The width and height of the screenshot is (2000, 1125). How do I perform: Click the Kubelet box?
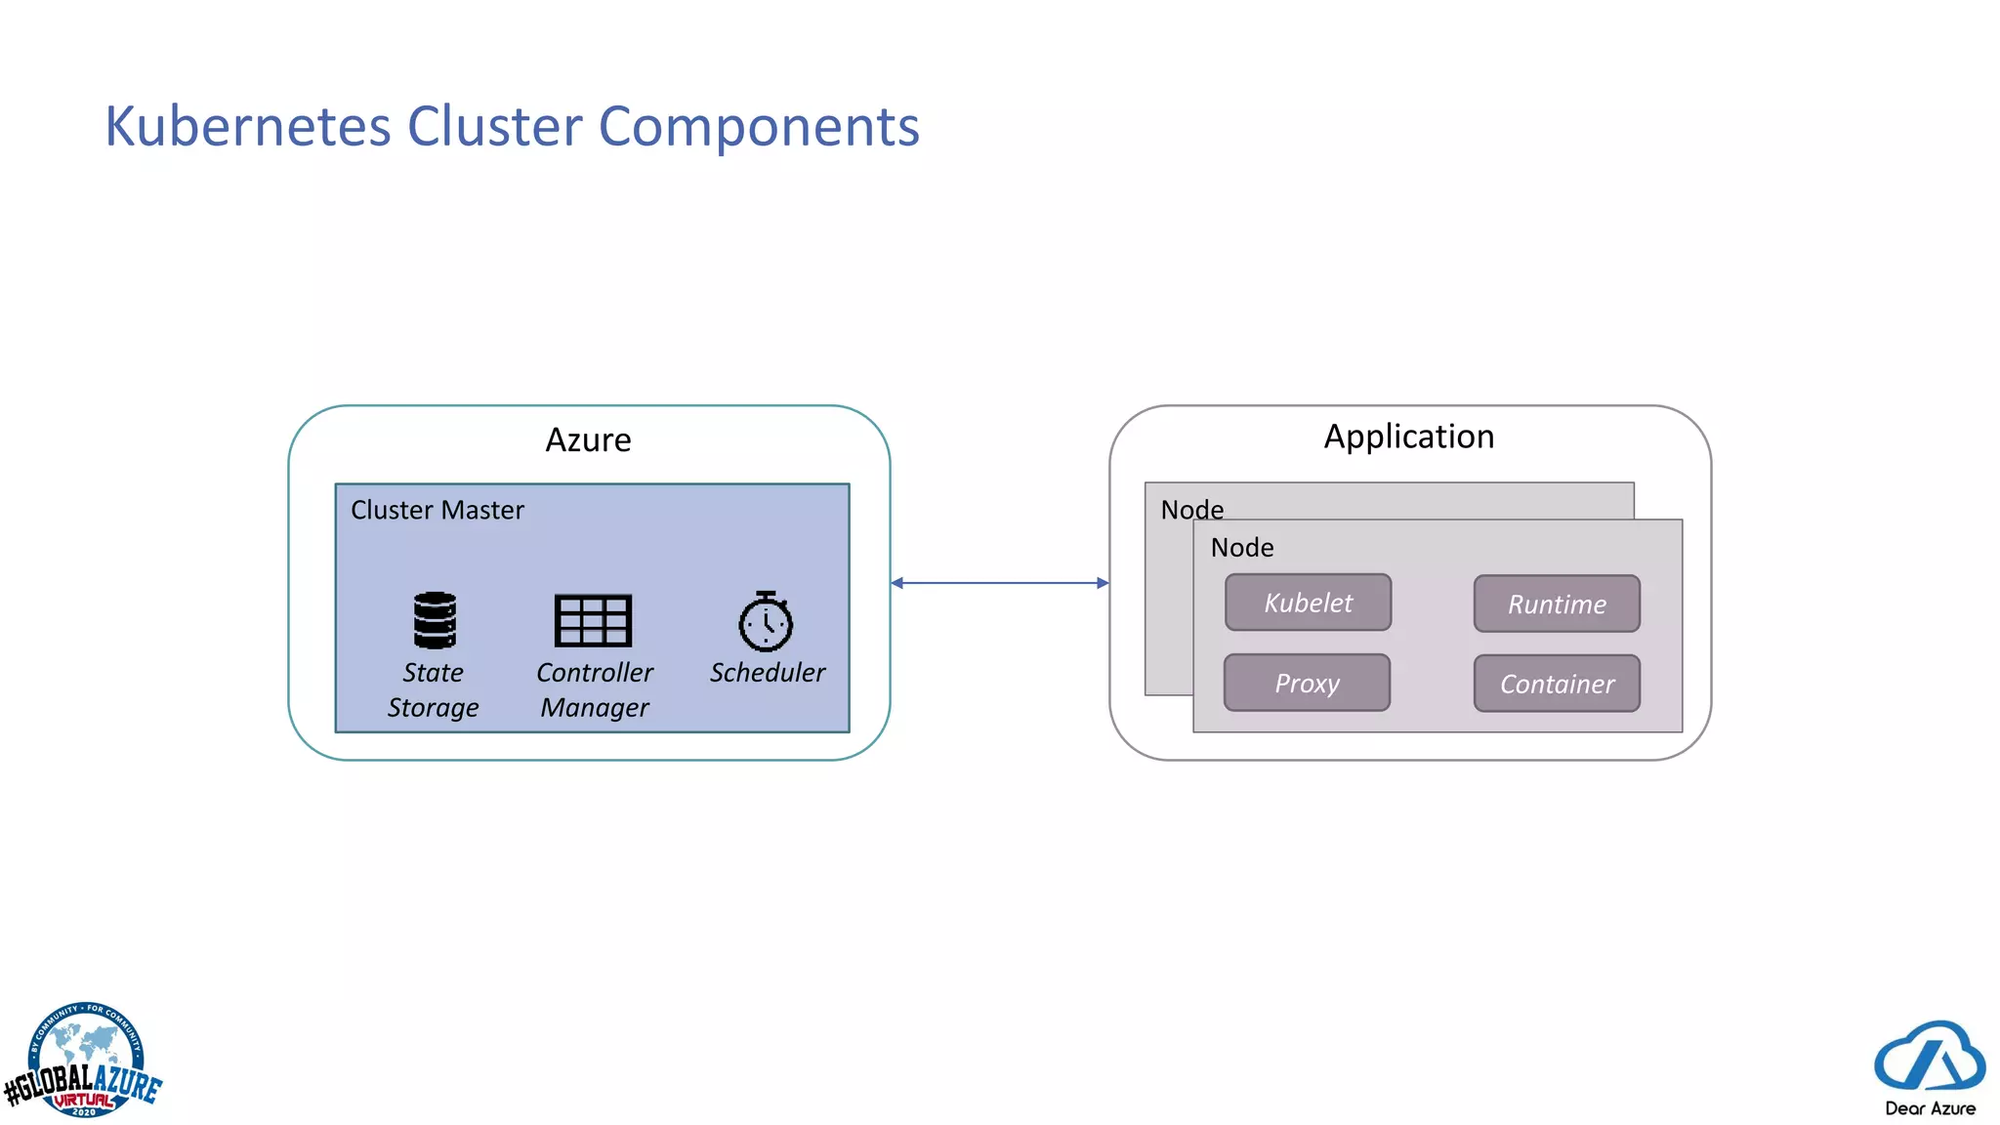pyautogui.click(x=1308, y=603)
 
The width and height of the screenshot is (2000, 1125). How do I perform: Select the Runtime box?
pyautogui.click(x=1557, y=604)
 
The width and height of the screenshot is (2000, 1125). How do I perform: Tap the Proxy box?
pyautogui.click(x=1307, y=683)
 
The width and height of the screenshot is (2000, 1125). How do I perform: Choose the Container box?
pyautogui.click(x=1557, y=684)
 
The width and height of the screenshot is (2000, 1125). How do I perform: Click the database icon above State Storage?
pyautogui.click(x=435, y=620)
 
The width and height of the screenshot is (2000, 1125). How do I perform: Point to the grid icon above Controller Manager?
pyautogui.click(x=593, y=620)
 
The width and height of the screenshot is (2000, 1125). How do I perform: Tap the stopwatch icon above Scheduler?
pyautogui.click(x=766, y=621)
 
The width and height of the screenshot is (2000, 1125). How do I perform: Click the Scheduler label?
pyautogui.click(x=767, y=673)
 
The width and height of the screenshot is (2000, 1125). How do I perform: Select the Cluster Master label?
pyautogui.click(x=437, y=510)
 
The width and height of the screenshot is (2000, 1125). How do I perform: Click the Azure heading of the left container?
pyautogui.click(x=588, y=440)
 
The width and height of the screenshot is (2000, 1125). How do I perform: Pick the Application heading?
pyautogui.click(x=1408, y=437)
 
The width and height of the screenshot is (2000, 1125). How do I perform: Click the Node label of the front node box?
pyautogui.click(x=1241, y=548)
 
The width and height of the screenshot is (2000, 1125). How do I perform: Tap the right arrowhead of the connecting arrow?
pyautogui.click(x=1103, y=583)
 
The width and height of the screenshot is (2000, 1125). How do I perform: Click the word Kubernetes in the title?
pyautogui.click(x=247, y=127)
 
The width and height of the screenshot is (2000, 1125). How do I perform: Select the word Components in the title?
pyautogui.click(x=758, y=127)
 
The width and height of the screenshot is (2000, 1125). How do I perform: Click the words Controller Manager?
pyautogui.click(x=594, y=689)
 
